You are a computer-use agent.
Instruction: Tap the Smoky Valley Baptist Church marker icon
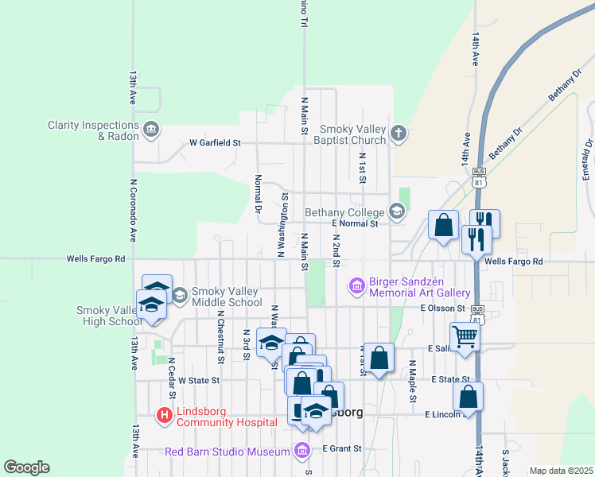(399, 134)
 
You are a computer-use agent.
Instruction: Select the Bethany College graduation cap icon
(396, 211)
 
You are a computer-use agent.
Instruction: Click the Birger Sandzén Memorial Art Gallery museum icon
(356, 285)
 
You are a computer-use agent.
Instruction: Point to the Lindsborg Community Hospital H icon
(165, 414)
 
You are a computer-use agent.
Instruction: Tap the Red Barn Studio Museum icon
(301, 452)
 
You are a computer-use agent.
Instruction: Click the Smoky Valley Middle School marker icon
(179, 296)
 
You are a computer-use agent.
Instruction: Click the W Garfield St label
(215, 144)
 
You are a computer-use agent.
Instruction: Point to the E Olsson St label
(442, 308)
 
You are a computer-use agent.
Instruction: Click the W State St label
(198, 381)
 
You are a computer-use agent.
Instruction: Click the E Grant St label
(342, 448)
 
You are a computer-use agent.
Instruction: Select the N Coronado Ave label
(134, 211)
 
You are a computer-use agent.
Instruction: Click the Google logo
(26, 467)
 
